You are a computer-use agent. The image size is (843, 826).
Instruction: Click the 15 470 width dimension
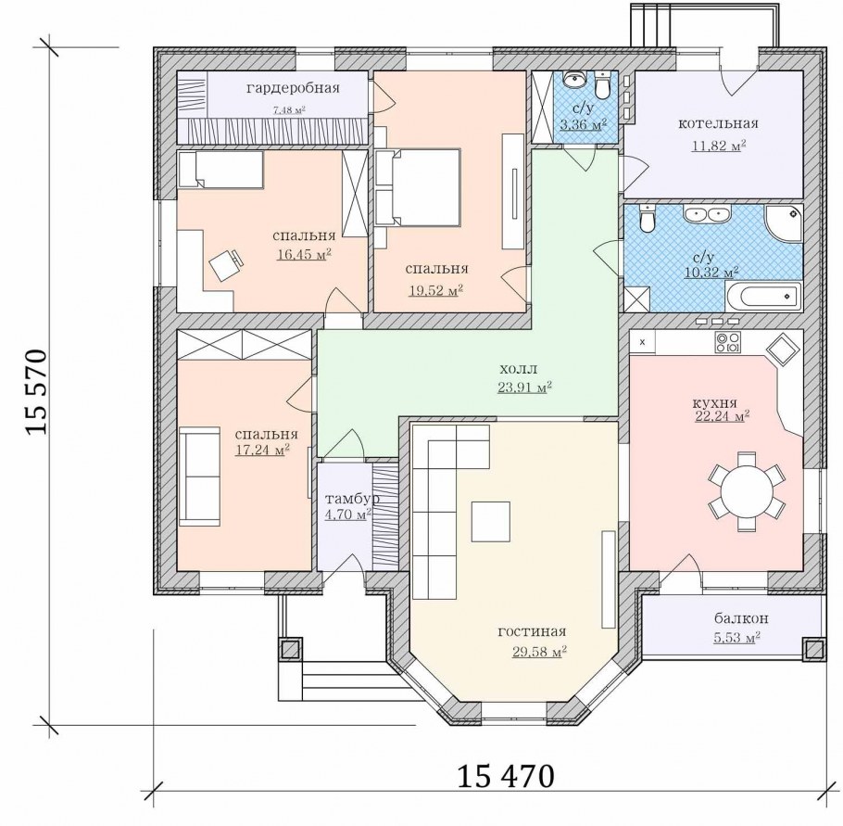pos(505,776)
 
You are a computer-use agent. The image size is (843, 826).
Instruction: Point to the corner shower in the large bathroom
pos(784,222)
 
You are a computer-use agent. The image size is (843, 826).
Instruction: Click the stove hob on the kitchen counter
pos(727,342)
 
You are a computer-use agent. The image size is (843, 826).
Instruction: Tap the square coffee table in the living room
pos(490,521)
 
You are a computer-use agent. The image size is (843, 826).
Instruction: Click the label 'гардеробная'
pos(293,88)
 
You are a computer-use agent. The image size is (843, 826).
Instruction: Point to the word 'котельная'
pos(718,123)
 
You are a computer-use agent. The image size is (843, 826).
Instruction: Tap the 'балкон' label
pos(741,618)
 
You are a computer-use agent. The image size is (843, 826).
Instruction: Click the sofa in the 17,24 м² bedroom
pos(199,477)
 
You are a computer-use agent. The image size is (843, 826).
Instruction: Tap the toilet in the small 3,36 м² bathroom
pos(602,85)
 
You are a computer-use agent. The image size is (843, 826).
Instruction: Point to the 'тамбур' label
pos(352,499)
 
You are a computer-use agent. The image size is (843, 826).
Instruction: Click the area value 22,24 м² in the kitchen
pos(722,416)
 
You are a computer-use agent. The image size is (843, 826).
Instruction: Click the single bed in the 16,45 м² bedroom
pos(220,169)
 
